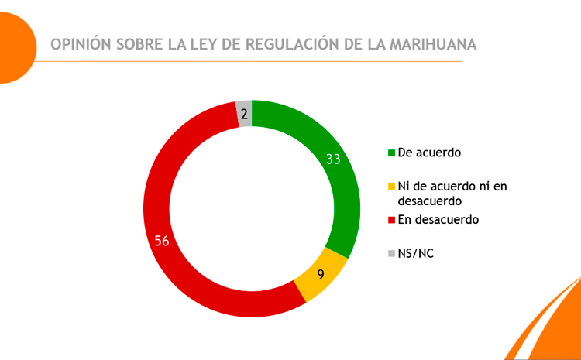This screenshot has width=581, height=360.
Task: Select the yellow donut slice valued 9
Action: point(319,279)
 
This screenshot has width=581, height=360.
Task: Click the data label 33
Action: point(333,159)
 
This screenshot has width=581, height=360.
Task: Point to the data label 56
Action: point(162,241)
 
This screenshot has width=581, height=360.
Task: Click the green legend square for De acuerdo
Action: point(391,153)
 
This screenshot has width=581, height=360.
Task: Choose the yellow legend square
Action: point(391,186)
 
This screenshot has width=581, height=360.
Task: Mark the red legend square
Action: point(391,220)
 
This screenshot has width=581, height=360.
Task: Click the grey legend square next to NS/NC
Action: point(391,253)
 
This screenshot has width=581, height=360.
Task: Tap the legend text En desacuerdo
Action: point(438,219)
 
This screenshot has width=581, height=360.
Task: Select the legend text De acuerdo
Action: point(429,152)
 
